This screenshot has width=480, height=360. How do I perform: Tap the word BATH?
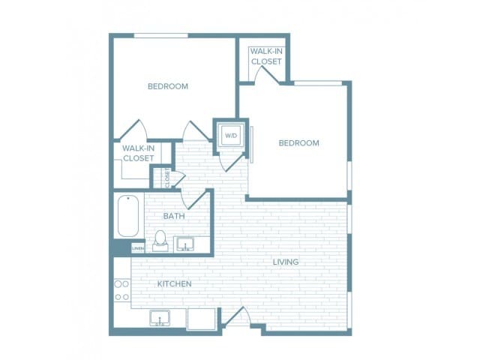174,216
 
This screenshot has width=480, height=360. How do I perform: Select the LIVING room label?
286,262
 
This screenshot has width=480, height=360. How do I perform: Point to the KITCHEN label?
174,284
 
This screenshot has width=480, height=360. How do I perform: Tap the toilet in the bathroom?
159,241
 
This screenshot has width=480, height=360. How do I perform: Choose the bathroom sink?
184,244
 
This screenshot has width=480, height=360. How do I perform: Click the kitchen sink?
160,319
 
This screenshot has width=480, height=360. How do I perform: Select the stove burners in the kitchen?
121,290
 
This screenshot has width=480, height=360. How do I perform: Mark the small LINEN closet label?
137,247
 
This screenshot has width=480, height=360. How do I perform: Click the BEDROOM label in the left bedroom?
167,86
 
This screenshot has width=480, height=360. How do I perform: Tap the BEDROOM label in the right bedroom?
298,142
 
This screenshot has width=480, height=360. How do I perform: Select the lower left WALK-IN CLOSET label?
138,153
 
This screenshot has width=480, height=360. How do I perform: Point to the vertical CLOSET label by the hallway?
167,178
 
